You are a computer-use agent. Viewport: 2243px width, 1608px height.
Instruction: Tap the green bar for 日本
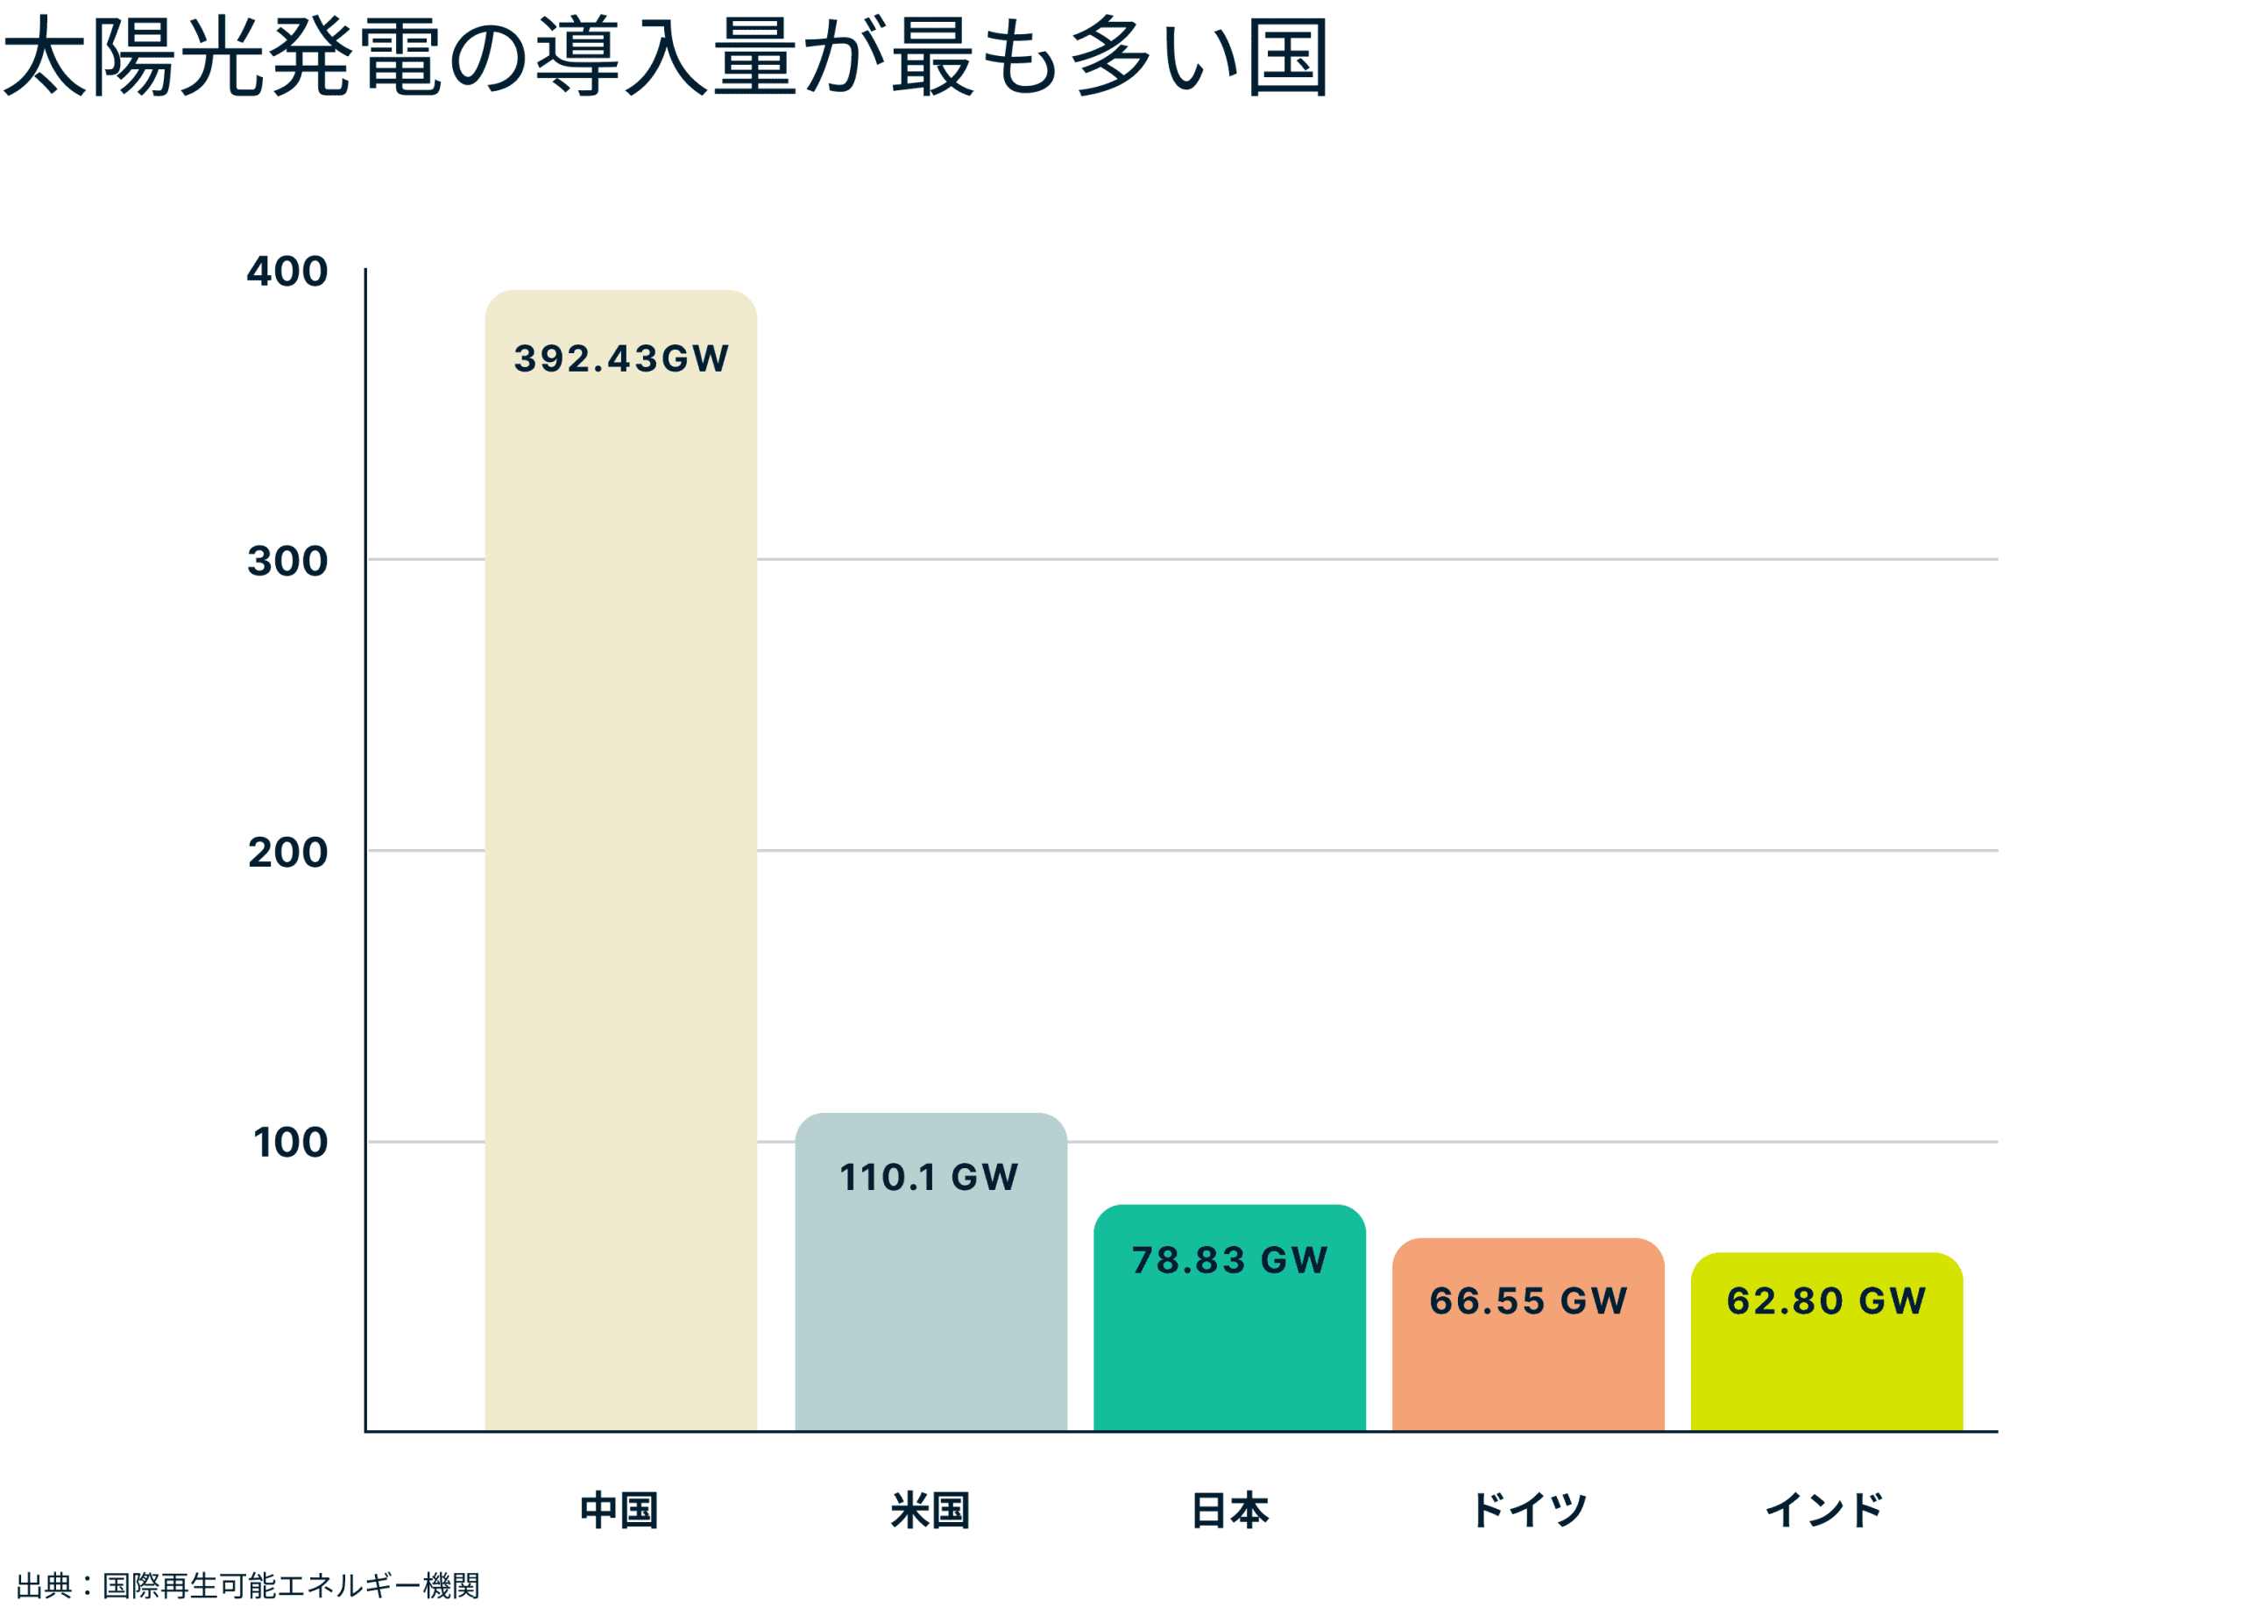coord(1229,1355)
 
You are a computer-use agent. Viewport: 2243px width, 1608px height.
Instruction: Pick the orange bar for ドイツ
coord(1528,1370)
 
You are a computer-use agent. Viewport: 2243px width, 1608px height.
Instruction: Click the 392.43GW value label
coord(621,358)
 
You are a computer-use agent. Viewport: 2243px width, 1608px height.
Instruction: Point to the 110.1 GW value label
coord(929,1177)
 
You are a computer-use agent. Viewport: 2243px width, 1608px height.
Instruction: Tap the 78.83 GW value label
coord(1229,1260)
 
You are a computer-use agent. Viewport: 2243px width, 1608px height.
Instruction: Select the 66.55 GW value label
coord(1528,1300)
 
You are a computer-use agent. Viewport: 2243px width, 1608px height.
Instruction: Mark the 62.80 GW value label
coord(1826,1300)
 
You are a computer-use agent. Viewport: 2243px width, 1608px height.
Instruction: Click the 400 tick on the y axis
coord(287,271)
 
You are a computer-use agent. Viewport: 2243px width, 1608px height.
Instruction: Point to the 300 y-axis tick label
coord(287,561)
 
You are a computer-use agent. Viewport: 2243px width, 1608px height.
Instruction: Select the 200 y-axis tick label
coord(287,852)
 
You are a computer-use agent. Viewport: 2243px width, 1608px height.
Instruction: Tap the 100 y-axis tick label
coord(290,1142)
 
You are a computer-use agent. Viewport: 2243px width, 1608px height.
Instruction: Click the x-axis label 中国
coord(619,1510)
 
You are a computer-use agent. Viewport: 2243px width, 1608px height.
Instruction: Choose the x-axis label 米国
coord(930,1510)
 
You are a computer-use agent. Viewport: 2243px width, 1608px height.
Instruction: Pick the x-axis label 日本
coord(1229,1510)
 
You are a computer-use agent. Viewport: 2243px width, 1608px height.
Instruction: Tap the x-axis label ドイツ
coord(1529,1510)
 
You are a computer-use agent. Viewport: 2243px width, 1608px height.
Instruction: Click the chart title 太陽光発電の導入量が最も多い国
coord(665,57)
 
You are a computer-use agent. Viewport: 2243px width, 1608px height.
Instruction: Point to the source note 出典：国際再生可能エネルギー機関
coord(248,1585)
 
